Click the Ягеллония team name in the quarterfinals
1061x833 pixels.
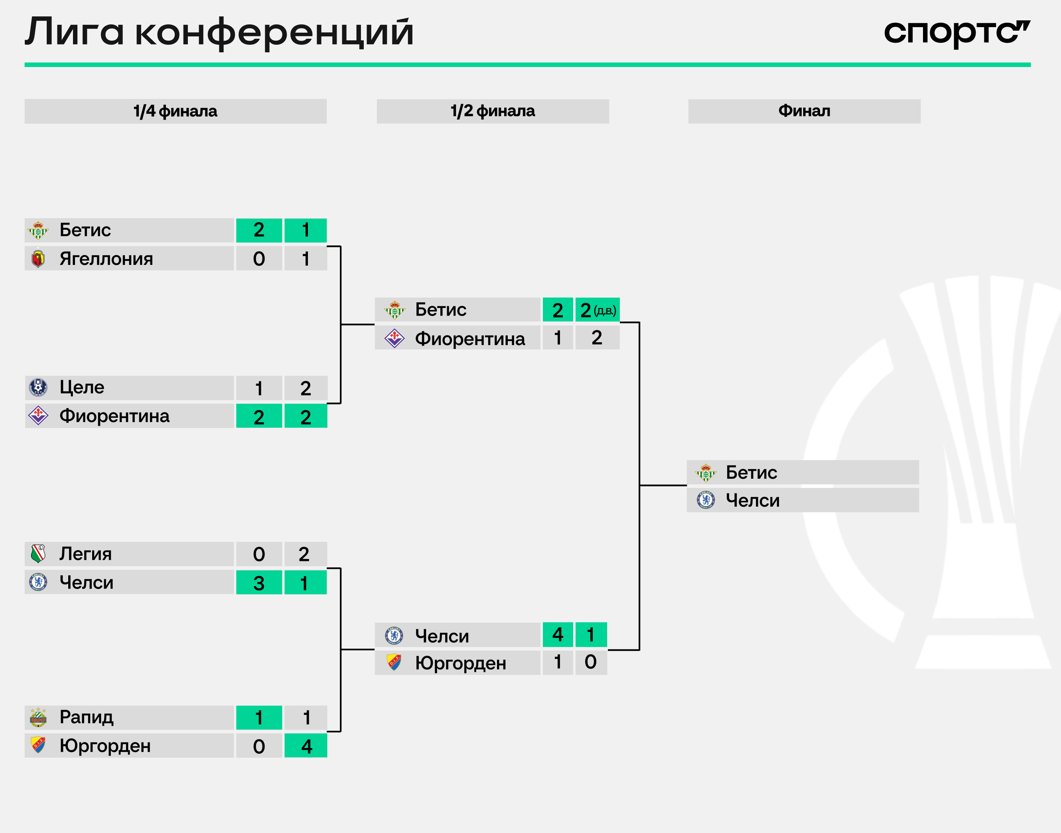106,259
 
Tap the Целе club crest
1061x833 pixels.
38,387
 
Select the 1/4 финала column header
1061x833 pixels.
175,111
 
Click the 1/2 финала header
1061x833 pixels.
493,111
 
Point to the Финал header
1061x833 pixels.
804,111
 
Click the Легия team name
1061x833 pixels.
85,554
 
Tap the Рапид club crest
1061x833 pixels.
38,717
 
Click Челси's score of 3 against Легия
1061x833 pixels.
259,583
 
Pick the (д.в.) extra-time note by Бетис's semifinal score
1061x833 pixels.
605,311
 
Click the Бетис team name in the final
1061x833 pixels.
751,472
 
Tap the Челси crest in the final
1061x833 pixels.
706,500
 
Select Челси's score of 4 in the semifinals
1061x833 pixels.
558,634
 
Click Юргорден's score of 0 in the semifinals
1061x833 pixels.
590,662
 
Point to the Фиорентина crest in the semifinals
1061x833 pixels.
394,338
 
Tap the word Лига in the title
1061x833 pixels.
74,33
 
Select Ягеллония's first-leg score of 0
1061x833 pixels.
259,259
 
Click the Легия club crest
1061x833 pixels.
38,554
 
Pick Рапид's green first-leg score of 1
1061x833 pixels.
259,717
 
